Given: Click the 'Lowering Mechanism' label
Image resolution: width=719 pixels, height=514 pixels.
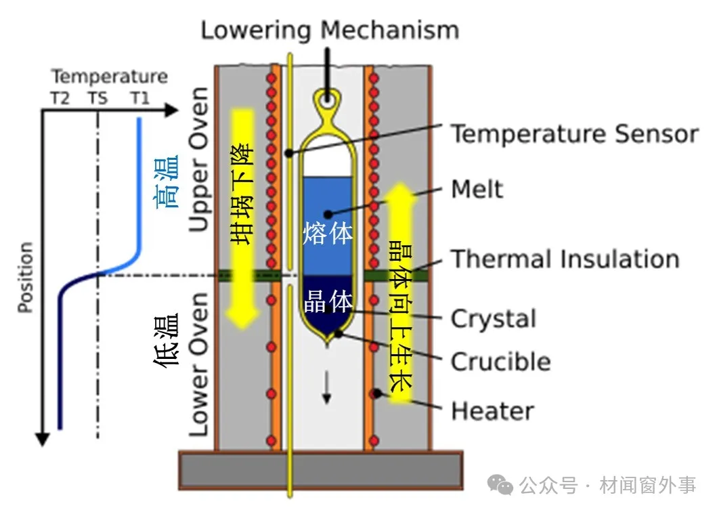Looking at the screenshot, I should tap(330, 30).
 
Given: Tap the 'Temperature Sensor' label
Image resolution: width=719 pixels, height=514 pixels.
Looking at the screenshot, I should tap(574, 134).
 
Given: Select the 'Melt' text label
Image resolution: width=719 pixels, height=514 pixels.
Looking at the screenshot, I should tap(477, 189).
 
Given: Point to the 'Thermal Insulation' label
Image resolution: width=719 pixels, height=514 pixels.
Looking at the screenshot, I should tap(565, 259).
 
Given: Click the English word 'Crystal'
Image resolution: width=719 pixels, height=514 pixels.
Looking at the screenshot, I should tap(493, 318).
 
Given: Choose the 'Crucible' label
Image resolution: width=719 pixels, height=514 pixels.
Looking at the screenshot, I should tap(500, 362).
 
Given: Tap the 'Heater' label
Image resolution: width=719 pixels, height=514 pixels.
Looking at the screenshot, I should tap(492, 411).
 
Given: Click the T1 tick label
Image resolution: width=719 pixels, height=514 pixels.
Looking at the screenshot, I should tap(139, 99).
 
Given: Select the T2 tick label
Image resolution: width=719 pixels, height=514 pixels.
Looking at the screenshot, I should tap(60, 99).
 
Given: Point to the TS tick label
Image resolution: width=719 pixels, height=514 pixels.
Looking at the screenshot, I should tap(97, 99).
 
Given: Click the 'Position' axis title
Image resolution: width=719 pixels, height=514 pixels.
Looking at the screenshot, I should tap(25, 278).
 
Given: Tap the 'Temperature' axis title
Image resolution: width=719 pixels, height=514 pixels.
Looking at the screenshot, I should tap(110, 77).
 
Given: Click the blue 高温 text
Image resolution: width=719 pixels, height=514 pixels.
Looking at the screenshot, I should tap(167, 181).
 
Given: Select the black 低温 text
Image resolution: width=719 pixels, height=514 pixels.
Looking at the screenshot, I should tap(167, 340).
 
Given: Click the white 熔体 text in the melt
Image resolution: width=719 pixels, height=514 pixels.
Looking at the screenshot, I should tap(328, 234).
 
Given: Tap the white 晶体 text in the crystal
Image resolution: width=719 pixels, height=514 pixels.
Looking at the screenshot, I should tap(328, 301).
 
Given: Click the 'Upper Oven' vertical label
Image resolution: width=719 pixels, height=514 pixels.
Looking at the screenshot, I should tap(198, 160).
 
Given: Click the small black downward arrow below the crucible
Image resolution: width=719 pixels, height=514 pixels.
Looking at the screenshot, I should tap(328, 389).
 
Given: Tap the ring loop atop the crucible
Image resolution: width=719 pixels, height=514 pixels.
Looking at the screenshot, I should tap(328, 100).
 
